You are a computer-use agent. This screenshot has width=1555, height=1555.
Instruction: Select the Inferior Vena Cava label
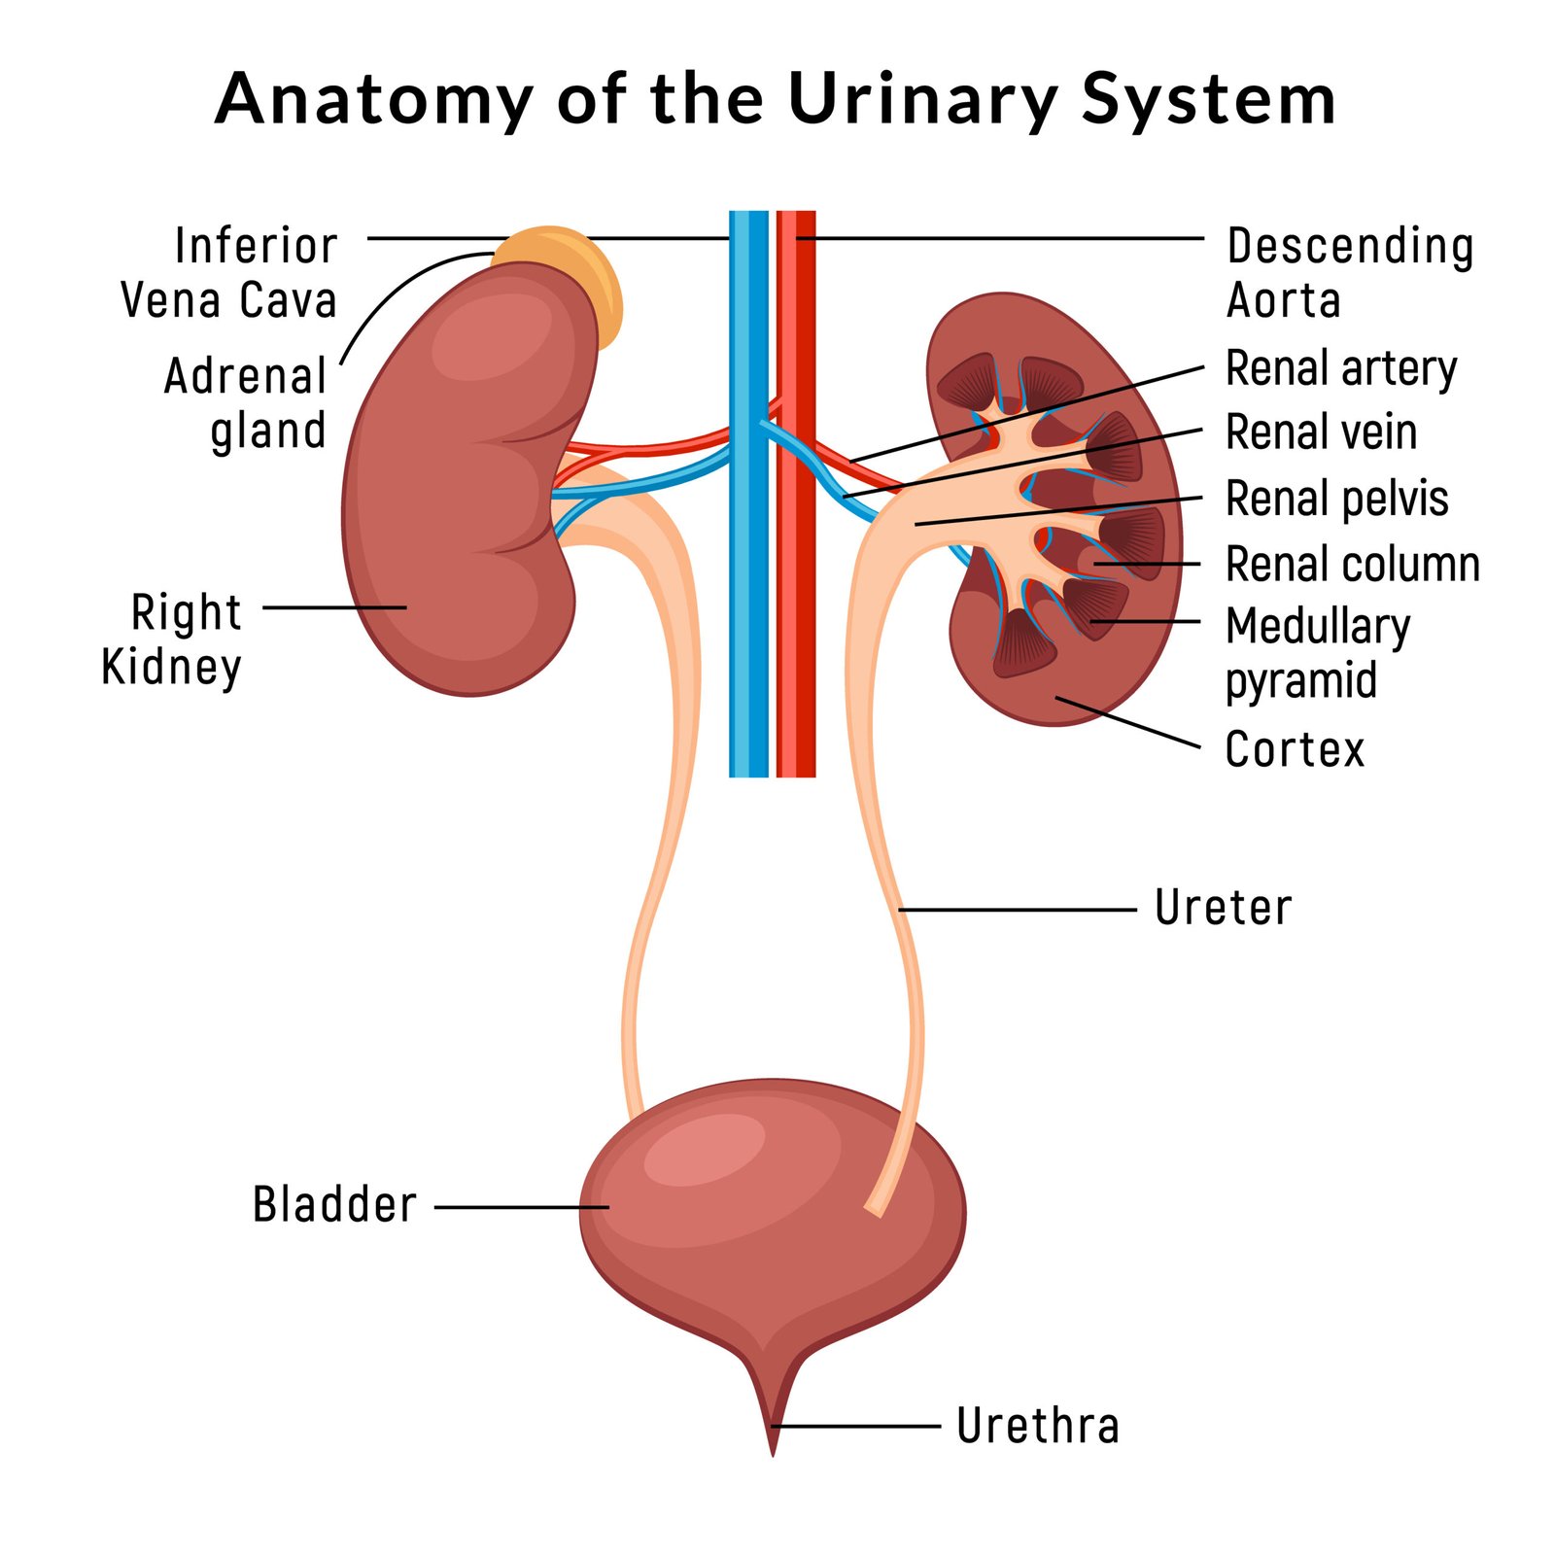pyautogui.click(x=229, y=273)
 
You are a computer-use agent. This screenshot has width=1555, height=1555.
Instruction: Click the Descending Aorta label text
pyautogui.click(x=1349, y=273)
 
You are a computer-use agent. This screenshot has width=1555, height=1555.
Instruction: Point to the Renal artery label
pyautogui.click(x=1341, y=369)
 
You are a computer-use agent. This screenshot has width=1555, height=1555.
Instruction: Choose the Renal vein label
pyautogui.click(x=1321, y=432)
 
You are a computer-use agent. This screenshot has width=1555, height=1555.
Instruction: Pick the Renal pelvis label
pyautogui.click(x=1336, y=500)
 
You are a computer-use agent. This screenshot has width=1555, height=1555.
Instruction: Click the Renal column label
pyautogui.click(x=1352, y=565)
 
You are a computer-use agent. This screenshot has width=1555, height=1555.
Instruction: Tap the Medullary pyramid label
pyautogui.click(x=1317, y=653)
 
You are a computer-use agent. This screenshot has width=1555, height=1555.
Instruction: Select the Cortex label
pyautogui.click(x=1295, y=749)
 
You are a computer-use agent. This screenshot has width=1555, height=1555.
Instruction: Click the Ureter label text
pyautogui.click(x=1223, y=908)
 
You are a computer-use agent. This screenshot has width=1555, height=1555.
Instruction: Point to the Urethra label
pyautogui.click(x=1037, y=1426)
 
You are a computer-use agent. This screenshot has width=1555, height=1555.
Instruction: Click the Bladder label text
pyautogui.click(x=334, y=1205)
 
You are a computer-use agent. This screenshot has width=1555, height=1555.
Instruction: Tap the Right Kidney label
pyautogui.click(x=172, y=639)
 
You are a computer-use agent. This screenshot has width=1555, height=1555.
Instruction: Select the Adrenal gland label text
pyautogui.click(x=245, y=403)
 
